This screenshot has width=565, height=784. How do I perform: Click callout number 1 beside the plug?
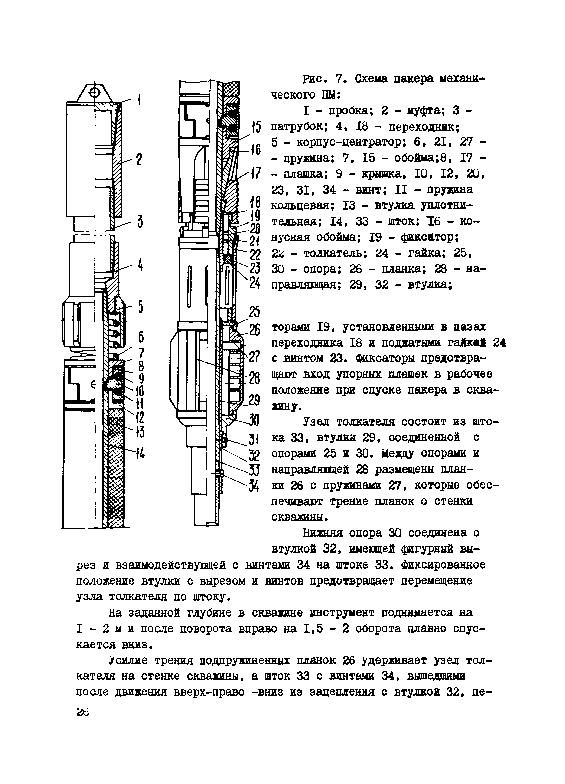[x=139, y=100]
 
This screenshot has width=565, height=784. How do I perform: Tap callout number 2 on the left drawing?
[x=139, y=160]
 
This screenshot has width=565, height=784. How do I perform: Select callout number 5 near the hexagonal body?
[x=141, y=306]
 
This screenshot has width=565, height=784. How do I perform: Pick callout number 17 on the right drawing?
[x=256, y=173]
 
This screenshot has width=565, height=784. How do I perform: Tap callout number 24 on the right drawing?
[x=255, y=283]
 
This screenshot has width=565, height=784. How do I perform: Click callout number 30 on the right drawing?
[x=254, y=420]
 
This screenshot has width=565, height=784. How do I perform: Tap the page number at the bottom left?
[x=83, y=712]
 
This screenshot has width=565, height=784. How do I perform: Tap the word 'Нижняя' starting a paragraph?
[x=323, y=533]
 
